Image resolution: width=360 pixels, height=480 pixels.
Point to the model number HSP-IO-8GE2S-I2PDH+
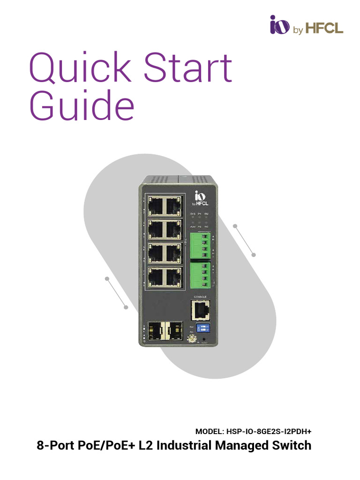coord(270,431)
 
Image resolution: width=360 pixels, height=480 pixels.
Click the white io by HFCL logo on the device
coord(201,199)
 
